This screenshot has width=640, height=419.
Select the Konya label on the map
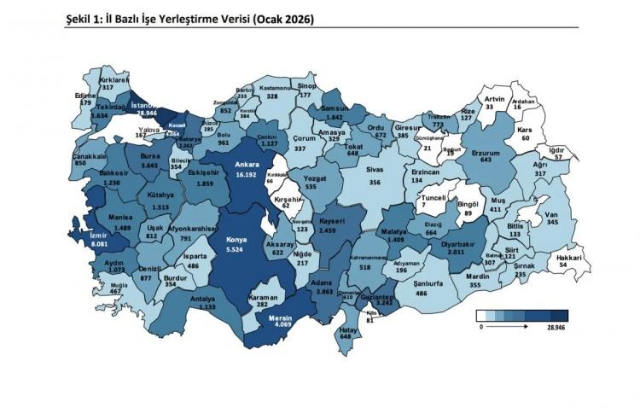tap(235, 240)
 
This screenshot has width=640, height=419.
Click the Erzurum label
tap(486, 148)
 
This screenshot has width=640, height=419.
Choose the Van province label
tap(552, 213)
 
